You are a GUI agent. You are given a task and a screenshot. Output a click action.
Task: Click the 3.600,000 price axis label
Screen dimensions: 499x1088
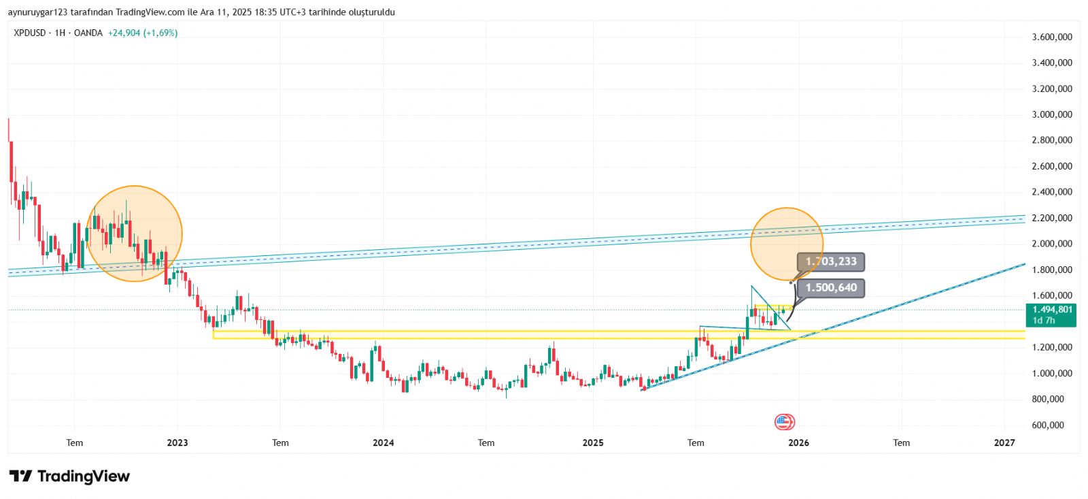[x=1051, y=37]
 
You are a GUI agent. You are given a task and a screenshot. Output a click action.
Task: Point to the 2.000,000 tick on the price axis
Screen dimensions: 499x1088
[x=1051, y=244]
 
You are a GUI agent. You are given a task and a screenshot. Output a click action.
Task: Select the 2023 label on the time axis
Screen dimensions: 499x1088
[x=177, y=442]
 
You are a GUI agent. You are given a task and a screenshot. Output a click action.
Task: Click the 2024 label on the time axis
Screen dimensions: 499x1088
[x=383, y=442]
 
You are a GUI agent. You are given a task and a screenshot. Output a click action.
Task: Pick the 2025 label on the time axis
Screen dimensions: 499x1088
[x=592, y=442]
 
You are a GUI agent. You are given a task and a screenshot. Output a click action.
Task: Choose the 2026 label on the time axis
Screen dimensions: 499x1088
[x=798, y=442]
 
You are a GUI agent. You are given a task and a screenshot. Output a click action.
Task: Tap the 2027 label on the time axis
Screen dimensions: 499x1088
[x=1004, y=442]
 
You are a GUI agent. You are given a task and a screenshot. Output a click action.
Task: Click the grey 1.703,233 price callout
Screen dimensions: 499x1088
[x=831, y=261]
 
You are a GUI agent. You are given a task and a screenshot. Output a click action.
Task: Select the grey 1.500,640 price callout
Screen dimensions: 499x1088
[x=831, y=287]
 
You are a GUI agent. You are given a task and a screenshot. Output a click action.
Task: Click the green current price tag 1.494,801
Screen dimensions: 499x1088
[x=1052, y=310]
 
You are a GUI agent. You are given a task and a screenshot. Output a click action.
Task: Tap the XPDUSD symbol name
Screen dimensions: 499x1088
[x=30, y=33]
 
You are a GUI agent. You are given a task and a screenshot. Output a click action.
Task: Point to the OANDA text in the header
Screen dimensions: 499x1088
[x=88, y=33]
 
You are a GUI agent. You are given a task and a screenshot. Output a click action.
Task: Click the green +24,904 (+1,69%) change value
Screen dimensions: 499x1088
[x=143, y=33]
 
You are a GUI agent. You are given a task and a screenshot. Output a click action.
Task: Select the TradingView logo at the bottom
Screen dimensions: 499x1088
[x=69, y=476]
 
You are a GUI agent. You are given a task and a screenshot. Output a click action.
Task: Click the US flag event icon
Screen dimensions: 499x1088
[x=784, y=422]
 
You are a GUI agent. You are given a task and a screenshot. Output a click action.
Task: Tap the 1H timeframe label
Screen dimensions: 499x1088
[x=60, y=33]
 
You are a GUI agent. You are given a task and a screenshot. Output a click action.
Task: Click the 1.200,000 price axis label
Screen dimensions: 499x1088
[x=1051, y=347]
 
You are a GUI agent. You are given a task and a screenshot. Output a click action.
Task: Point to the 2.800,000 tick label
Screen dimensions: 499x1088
[x=1051, y=140]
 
